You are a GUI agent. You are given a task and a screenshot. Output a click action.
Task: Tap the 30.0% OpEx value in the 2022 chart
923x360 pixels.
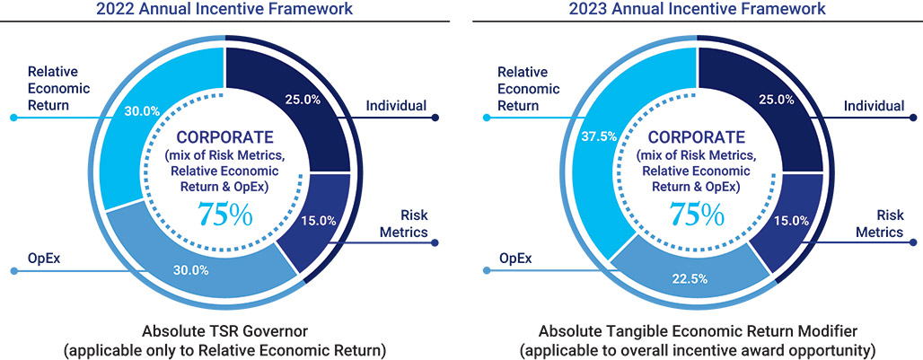pyautogui.click(x=190, y=269)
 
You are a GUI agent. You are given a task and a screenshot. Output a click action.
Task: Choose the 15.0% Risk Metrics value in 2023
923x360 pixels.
pyautogui.click(x=792, y=220)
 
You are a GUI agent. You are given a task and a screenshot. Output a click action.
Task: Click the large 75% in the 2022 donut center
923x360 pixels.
pyautogui.click(x=224, y=215)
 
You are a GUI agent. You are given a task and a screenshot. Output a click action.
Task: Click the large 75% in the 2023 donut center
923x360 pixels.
pyautogui.click(x=699, y=215)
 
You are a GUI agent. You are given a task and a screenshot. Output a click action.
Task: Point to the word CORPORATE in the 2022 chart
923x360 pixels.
pyautogui.click(x=224, y=138)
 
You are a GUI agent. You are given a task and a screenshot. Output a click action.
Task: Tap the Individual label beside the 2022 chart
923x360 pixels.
pyautogui.click(x=396, y=106)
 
